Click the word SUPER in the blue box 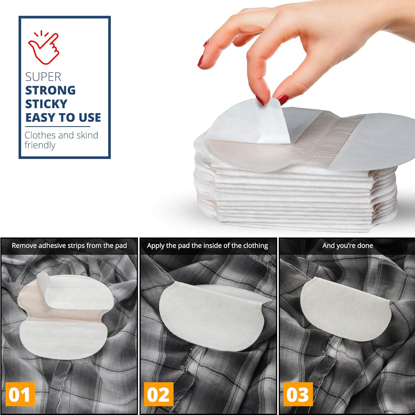point(43,77)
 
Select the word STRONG point(50,90)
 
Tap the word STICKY point(46,104)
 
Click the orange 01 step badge point(19,394)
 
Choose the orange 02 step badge point(158,394)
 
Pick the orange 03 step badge point(297,394)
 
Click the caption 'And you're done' point(347,246)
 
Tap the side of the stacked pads point(290,199)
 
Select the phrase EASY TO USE point(63,118)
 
